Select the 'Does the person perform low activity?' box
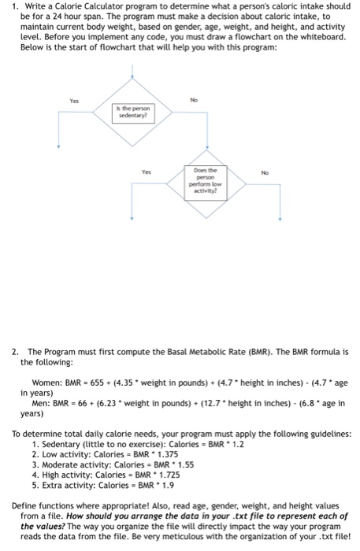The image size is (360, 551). pos(206,183)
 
